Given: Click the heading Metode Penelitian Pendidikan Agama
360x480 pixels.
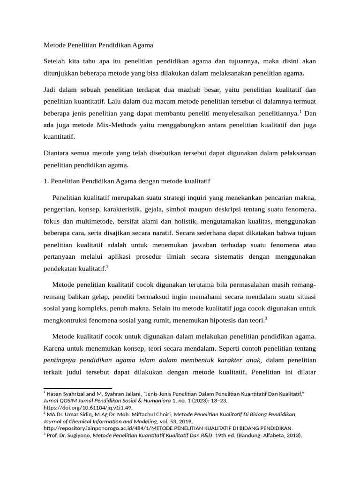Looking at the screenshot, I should tap(98, 45).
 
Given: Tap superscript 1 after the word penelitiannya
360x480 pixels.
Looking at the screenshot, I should tap(300, 111).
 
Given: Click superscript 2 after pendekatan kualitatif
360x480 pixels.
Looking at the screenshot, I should tap(107, 267).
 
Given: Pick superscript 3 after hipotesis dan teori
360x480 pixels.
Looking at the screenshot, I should tap(266, 319).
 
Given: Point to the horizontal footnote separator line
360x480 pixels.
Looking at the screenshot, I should tap(77, 389).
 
